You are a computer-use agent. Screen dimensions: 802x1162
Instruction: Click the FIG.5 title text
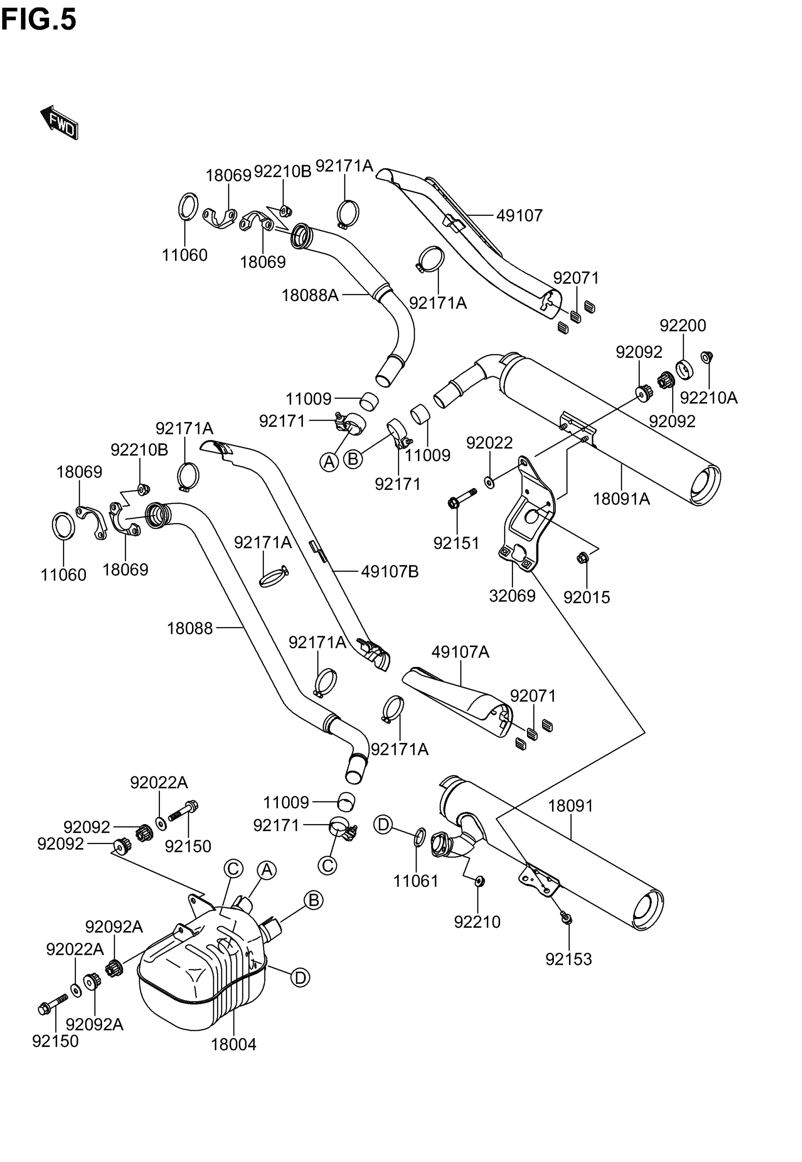(x=39, y=20)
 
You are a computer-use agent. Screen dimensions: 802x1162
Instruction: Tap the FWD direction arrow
(x=59, y=122)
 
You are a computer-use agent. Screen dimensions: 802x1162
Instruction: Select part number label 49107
(x=519, y=216)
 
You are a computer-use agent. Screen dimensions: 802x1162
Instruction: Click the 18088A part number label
(x=310, y=295)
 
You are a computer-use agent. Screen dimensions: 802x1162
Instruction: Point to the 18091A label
(x=622, y=499)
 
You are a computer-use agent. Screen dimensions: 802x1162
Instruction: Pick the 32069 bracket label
(x=512, y=596)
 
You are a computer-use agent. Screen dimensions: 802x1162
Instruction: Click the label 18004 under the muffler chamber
(x=234, y=1045)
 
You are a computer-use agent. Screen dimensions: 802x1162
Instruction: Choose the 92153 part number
(x=569, y=960)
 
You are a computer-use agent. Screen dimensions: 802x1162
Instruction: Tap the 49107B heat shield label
(x=390, y=572)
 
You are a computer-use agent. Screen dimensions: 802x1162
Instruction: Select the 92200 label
(x=683, y=326)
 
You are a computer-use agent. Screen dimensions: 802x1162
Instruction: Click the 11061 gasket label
(x=416, y=881)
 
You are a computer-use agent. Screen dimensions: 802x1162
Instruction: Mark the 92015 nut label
(x=587, y=598)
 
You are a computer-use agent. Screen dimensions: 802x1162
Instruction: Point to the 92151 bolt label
(x=457, y=543)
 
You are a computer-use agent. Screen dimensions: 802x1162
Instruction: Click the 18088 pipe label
(x=190, y=628)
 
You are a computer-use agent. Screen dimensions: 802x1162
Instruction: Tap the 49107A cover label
(x=460, y=652)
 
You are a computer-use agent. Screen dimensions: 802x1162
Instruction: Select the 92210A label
(x=709, y=398)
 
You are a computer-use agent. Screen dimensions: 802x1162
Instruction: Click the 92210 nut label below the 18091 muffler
(x=477, y=922)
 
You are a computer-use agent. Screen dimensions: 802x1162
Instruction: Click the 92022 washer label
(x=489, y=443)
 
